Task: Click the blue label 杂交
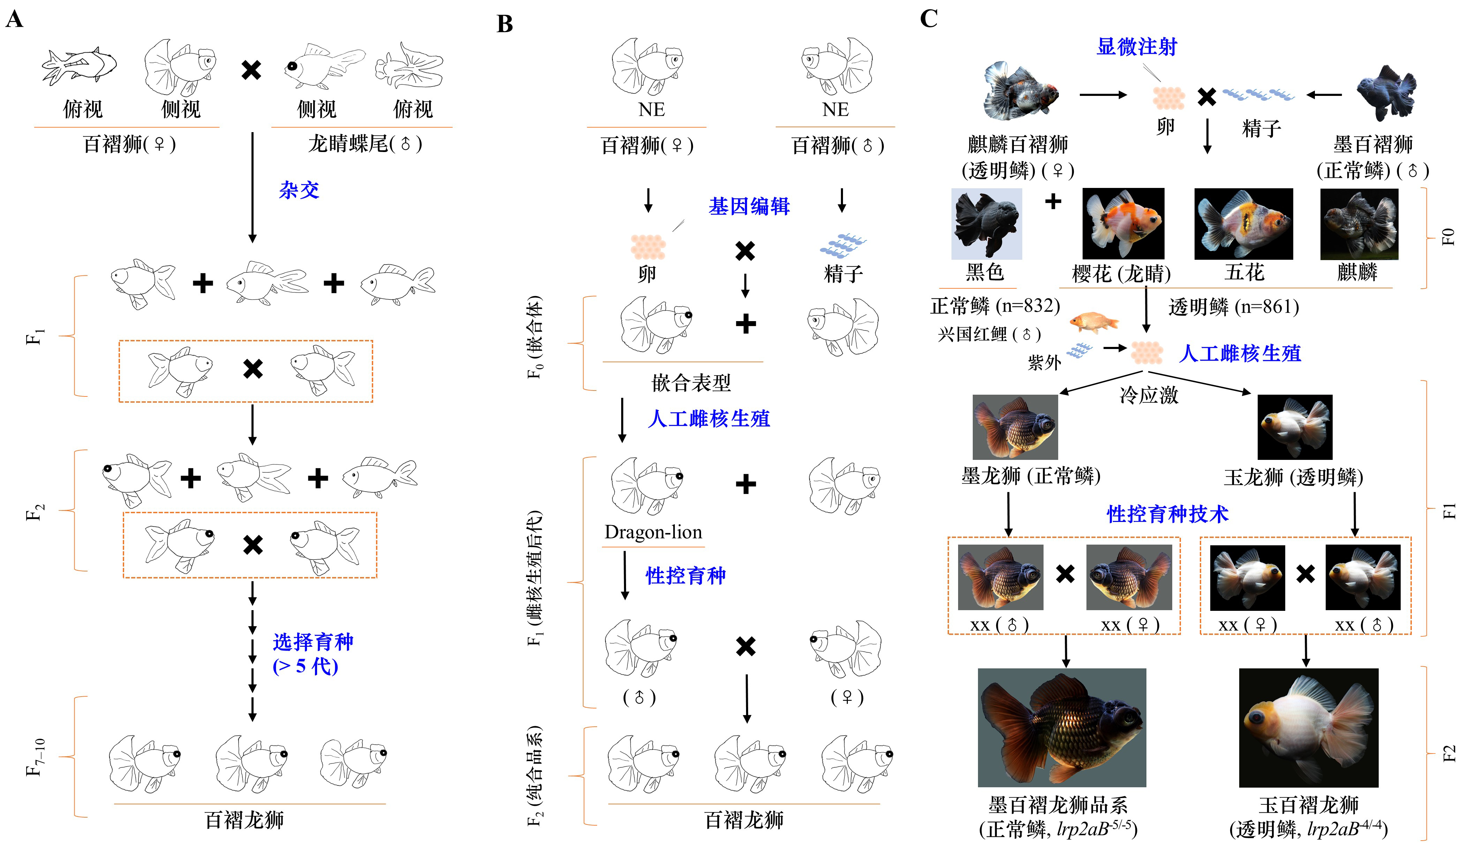tap(299, 190)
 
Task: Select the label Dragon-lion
tap(653, 532)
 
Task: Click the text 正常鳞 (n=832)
tap(995, 306)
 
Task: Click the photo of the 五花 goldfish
tap(1243, 224)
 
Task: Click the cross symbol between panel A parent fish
tap(251, 70)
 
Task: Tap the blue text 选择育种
tap(313, 642)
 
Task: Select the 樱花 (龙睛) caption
tap(1121, 273)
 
